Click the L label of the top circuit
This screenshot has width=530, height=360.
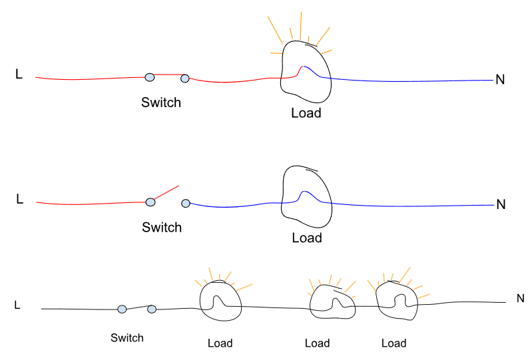19,75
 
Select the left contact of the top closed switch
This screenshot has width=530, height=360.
150,77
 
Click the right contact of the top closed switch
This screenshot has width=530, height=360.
184,79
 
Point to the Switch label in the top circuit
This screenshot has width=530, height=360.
161,103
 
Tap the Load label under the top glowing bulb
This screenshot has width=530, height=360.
306,113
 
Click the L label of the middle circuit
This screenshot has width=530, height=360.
19,198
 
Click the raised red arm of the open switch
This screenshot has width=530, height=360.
166,193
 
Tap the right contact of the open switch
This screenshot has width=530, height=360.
185,203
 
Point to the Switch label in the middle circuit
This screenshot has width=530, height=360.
162,228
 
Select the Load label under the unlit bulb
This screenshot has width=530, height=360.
307,238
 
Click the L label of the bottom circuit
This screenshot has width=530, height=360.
17,305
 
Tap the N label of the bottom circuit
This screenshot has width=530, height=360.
521,299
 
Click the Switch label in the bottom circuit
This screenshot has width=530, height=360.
127,338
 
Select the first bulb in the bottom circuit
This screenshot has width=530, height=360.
219,300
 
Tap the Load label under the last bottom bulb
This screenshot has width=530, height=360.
394,343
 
